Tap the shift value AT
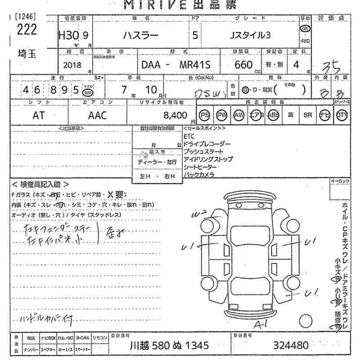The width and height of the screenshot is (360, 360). click(39, 116)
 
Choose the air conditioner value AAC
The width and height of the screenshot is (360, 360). click(97, 116)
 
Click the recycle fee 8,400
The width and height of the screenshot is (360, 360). click(175, 116)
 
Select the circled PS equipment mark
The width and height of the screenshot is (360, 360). click(205, 115)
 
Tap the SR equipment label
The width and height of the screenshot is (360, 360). click(308, 115)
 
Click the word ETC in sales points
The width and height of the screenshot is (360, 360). click(189, 136)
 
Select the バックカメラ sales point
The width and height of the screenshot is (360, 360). click(199, 175)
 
